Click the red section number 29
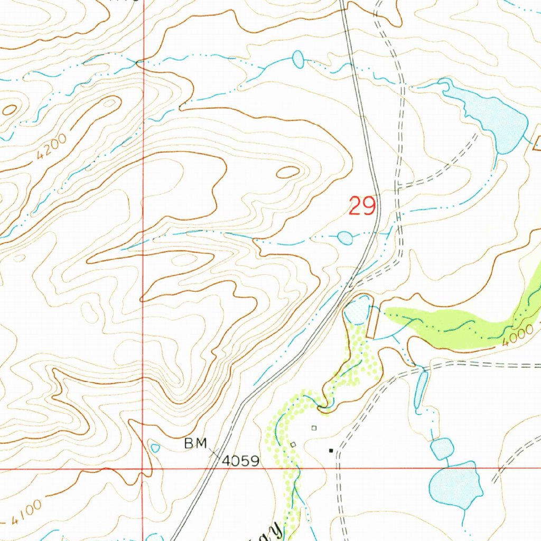point(362,206)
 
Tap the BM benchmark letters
point(195,444)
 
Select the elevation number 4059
point(241,461)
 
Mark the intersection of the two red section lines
point(143,468)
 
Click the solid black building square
point(331,451)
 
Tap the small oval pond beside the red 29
point(345,238)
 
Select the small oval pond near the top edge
point(299,59)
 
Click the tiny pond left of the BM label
point(155,448)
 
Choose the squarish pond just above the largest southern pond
point(442,449)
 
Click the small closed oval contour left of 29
point(288,172)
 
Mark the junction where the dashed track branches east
point(399,186)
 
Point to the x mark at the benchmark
point(216,453)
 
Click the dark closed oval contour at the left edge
point(10,110)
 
